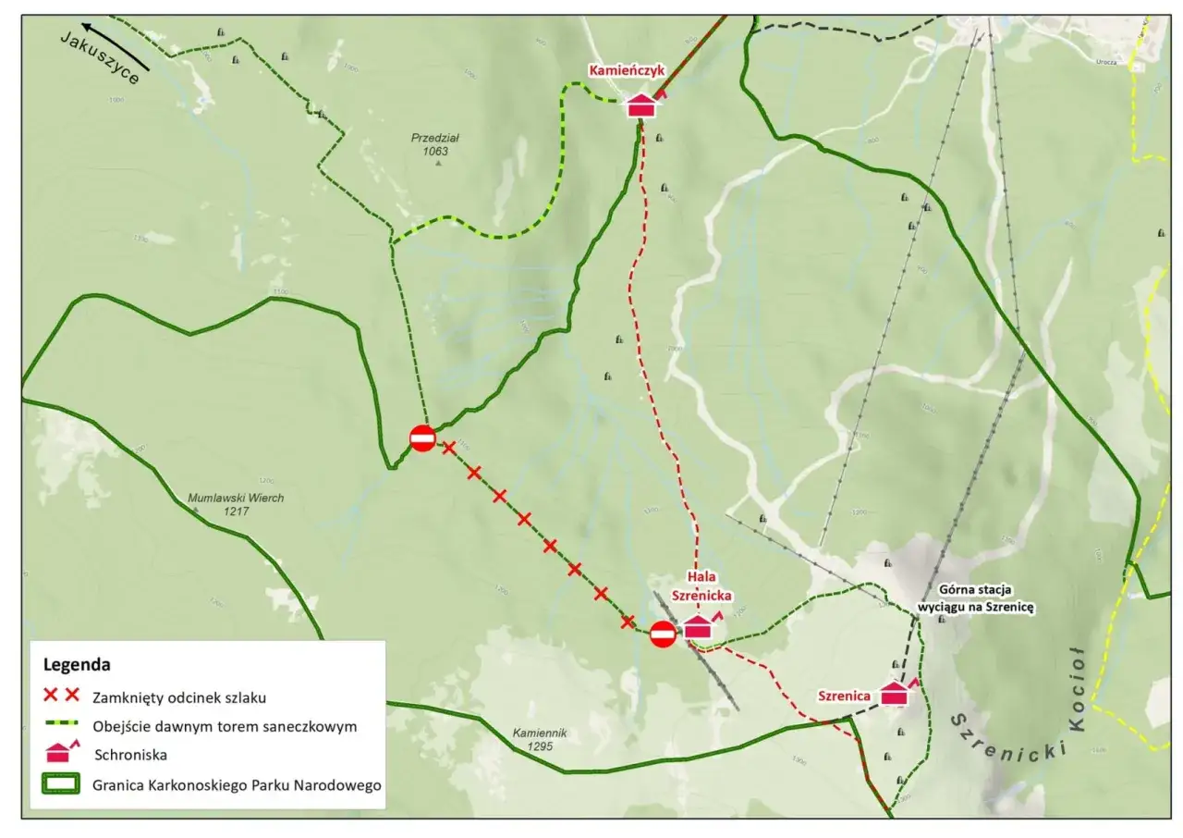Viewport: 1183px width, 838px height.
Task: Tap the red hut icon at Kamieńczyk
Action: [x=641, y=105]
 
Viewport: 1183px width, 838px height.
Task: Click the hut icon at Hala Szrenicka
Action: [x=699, y=626]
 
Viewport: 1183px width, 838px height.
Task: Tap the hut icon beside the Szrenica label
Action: [x=895, y=694]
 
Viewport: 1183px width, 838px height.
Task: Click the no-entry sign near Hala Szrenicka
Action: [x=663, y=635]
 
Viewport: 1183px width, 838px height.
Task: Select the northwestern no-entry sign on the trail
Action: [x=422, y=437]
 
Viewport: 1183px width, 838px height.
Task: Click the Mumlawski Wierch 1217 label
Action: [x=236, y=503]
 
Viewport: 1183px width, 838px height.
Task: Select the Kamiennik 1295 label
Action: [x=540, y=738]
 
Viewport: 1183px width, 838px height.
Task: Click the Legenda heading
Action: [x=77, y=664]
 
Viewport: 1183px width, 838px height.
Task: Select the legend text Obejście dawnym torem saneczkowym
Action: [x=225, y=726]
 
